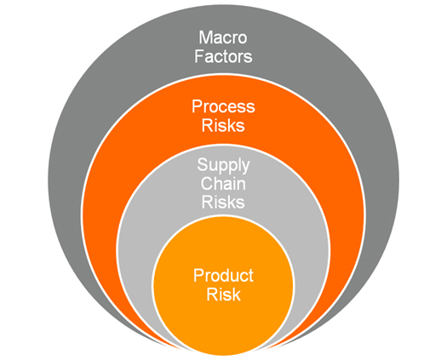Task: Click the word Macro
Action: (223, 37)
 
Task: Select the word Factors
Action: (223, 56)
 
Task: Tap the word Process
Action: (223, 106)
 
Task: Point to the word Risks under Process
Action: (223, 125)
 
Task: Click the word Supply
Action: (223, 166)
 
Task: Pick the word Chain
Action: (223, 184)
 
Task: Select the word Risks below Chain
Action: (223, 202)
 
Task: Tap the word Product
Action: (223, 276)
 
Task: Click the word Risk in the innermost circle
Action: (223, 294)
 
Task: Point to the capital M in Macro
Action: (205, 37)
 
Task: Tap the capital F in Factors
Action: (199, 56)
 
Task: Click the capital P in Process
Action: (197, 106)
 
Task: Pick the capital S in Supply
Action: (202, 164)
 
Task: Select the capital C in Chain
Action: (207, 184)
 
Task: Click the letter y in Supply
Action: (245, 168)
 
